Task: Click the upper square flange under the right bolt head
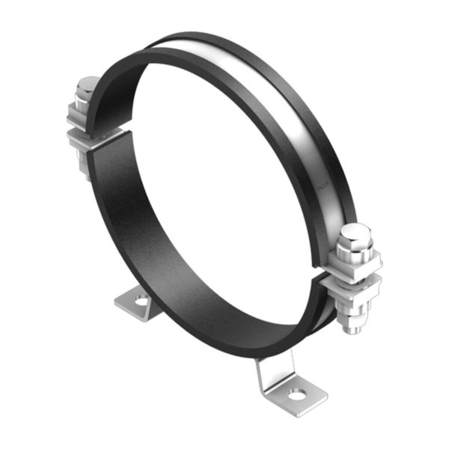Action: [x=355, y=263]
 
